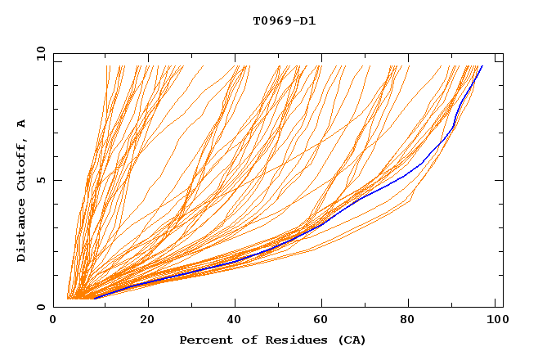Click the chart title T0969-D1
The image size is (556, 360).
coord(284,20)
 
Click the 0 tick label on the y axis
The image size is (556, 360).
coord(40,308)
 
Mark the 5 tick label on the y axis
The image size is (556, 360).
coord(40,180)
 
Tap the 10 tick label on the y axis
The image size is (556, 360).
coord(38,52)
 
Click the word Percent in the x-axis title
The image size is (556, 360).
coord(204,340)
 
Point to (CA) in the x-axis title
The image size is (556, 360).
coord(352,340)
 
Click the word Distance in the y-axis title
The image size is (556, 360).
coord(22,230)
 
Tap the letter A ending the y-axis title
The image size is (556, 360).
coord(22,123)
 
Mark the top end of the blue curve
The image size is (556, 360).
coord(482,65)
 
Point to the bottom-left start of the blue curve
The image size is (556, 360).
coord(95,298)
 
